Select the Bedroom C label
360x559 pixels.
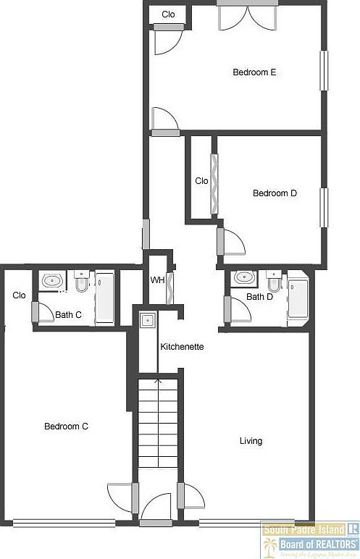(x=66, y=426)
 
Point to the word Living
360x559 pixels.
(x=251, y=441)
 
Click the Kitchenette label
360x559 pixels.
(x=182, y=347)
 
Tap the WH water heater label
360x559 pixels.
(x=156, y=280)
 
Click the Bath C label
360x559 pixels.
(x=68, y=314)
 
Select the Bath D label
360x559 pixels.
(x=259, y=297)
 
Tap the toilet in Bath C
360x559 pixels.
(x=81, y=282)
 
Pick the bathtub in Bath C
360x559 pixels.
(x=105, y=298)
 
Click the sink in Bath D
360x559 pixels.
(x=244, y=277)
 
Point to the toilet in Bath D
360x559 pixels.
(x=274, y=279)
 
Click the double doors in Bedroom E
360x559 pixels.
(x=247, y=17)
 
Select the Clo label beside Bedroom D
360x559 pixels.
(x=202, y=181)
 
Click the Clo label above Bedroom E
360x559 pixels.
(x=168, y=14)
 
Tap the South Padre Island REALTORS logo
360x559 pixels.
(x=310, y=539)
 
